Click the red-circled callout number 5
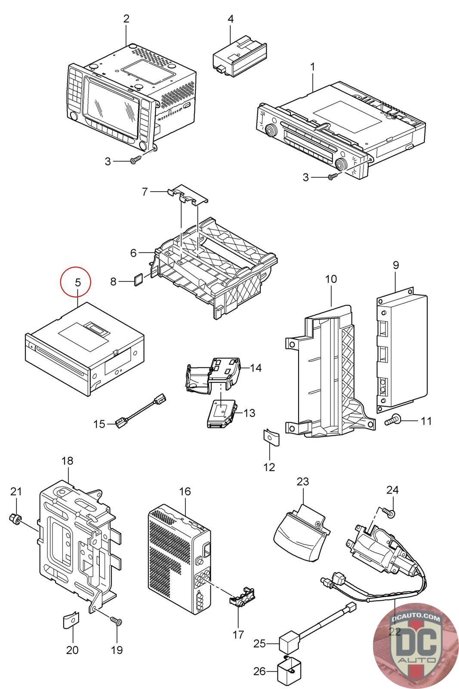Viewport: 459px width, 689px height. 78,283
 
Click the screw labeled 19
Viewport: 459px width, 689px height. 117,621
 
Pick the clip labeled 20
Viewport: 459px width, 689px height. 72,619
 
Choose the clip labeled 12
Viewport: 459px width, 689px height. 271,438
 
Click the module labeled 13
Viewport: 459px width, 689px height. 222,412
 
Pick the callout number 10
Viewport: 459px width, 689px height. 331,279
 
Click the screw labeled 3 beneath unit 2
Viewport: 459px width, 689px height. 133,161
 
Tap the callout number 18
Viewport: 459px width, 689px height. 68,461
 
